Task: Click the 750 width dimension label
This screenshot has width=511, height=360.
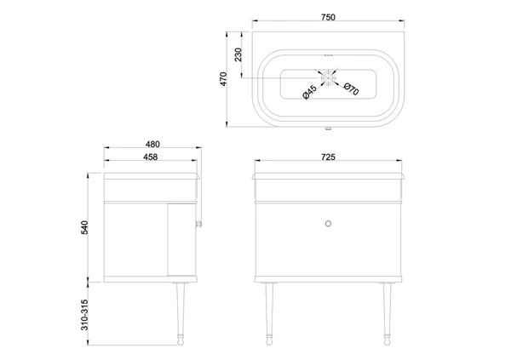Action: (x=328, y=17)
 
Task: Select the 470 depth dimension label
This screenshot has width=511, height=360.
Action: (x=223, y=79)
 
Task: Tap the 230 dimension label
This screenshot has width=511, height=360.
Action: (x=238, y=54)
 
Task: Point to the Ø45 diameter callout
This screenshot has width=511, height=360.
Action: (x=309, y=92)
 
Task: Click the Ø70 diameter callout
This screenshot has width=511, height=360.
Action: (x=351, y=89)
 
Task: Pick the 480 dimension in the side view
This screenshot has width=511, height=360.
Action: (x=152, y=144)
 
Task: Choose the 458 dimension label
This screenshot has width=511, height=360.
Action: (x=150, y=157)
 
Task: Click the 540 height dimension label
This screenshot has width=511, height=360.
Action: (x=84, y=227)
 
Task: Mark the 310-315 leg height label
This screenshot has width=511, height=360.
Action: (x=84, y=315)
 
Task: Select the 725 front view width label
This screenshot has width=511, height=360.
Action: (x=328, y=157)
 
